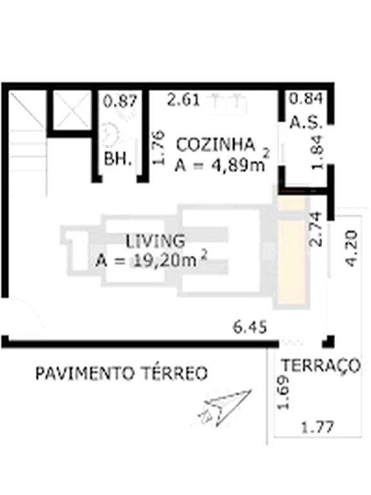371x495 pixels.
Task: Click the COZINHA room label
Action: click(x=215, y=145)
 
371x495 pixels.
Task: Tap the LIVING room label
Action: click(x=155, y=241)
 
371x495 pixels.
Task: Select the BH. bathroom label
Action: click(x=118, y=159)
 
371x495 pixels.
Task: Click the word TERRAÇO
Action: click(x=321, y=365)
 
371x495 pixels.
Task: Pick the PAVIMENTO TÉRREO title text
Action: click(x=122, y=373)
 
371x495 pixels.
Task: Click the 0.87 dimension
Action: click(x=120, y=101)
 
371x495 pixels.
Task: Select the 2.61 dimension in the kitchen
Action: click(x=184, y=99)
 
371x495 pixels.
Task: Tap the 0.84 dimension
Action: click(x=307, y=98)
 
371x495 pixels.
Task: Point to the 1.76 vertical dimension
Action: click(x=158, y=148)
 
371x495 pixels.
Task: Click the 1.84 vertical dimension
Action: click(x=316, y=153)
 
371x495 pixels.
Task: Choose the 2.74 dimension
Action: click(x=316, y=229)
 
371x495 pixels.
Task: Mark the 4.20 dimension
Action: click(x=352, y=249)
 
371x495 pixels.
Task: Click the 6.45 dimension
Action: click(x=250, y=327)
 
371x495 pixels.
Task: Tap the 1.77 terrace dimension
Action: click(x=318, y=428)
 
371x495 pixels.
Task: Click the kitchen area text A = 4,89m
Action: click(x=222, y=162)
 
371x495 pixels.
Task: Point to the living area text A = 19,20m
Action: click(x=151, y=261)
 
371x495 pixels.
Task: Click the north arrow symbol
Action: click(x=225, y=408)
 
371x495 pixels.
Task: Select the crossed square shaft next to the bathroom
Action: click(x=72, y=110)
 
